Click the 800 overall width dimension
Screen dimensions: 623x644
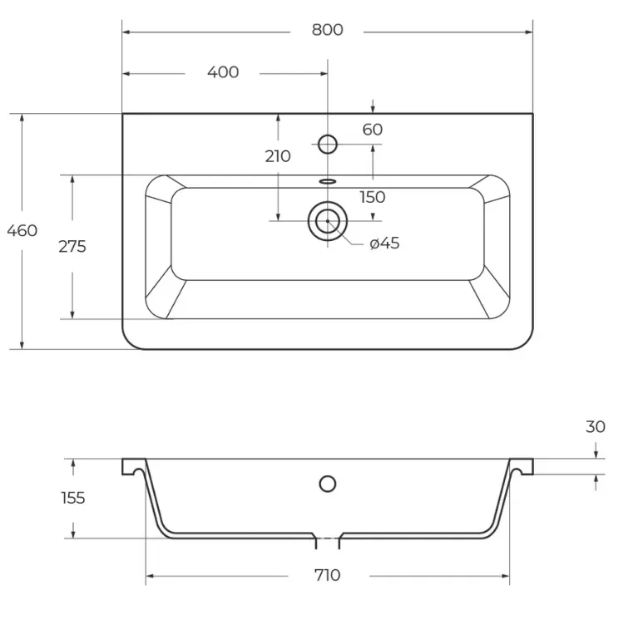328,30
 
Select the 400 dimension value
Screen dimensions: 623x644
223,72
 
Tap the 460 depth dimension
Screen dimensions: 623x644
22,231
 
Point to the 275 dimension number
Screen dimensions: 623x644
72,247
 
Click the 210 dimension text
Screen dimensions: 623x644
278,156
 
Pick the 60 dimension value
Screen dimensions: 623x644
373,130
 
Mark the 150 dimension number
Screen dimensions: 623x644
373,197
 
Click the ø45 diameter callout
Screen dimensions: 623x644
384,243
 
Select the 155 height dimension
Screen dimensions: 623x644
73,498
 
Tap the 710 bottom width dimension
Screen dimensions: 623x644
328,575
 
